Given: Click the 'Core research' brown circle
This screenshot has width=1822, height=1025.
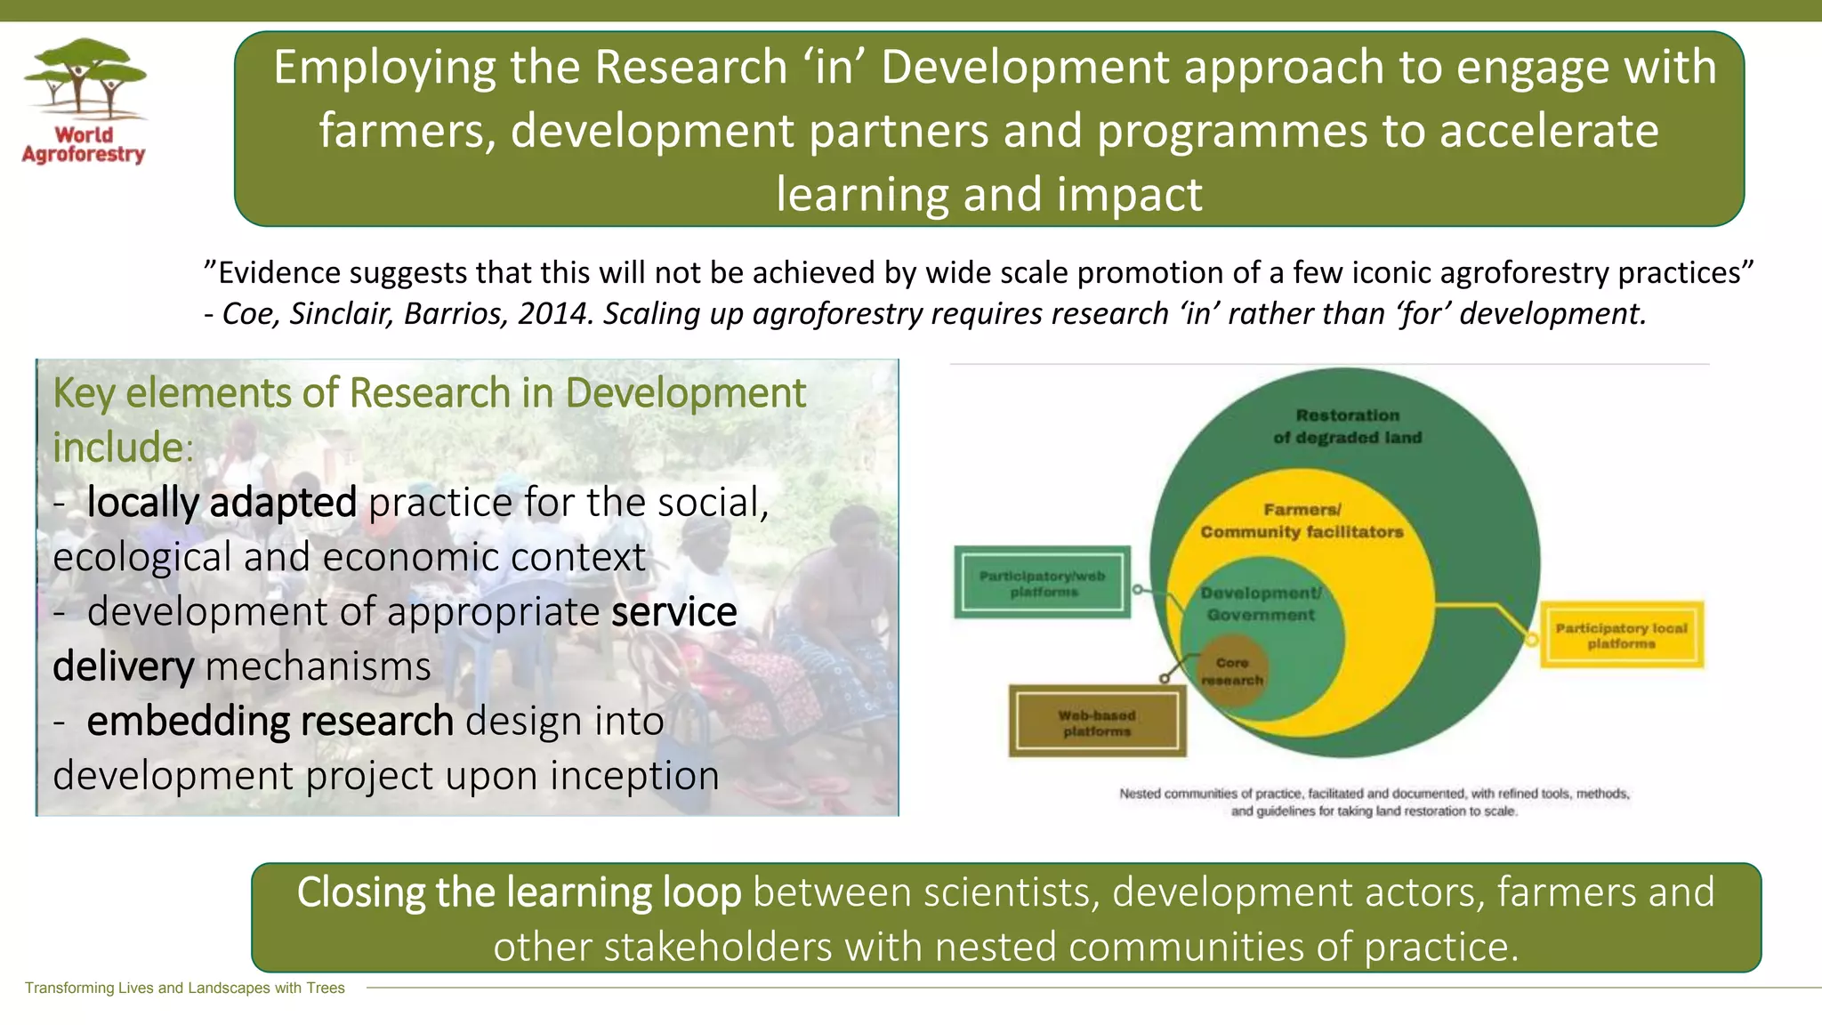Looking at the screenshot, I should [x=1232, y=671].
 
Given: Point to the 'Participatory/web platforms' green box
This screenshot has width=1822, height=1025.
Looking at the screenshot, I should [x=1043, y=583].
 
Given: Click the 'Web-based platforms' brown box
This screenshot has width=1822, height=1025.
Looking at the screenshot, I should [x=1097, y=722].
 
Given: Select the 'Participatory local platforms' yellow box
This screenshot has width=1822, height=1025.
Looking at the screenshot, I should [x=1621, y=635].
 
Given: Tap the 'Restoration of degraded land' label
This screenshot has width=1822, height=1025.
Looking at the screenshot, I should [x=1347, y=426].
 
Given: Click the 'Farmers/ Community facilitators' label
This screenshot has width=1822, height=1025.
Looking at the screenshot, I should [x=1302, y=521].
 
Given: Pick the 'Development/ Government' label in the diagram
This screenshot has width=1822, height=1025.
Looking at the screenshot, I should [x=1261, y=604].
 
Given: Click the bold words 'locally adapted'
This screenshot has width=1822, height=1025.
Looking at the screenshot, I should [x=222, y=503].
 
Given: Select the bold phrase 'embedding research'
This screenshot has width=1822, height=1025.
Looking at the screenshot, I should [x=270, y=722].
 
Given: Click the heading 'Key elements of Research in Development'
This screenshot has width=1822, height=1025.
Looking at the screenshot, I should [x=429, y=393].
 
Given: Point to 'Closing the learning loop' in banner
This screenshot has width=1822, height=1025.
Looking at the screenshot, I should [x=519, y=892].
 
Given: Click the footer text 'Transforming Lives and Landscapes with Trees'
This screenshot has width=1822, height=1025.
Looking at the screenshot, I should [x=184, y=988].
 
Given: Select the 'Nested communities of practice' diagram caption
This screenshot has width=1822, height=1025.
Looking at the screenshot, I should [x=1374, y=802].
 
